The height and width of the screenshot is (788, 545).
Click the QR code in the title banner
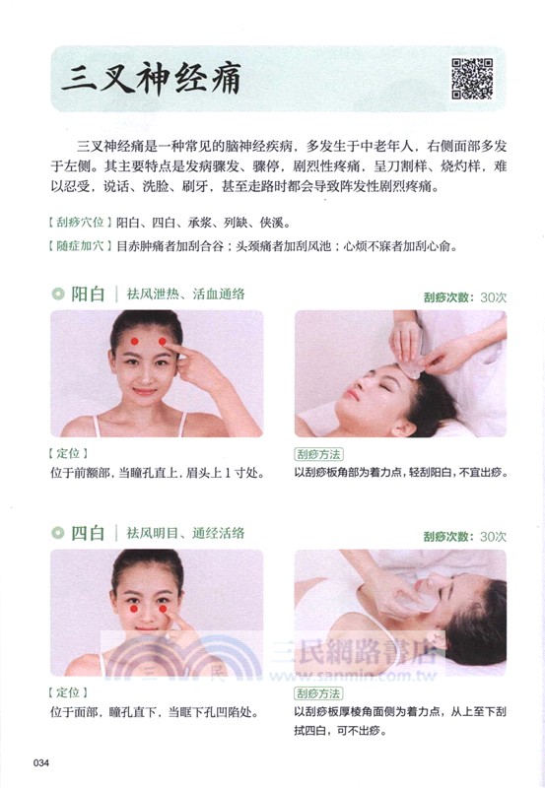click(x=471, y=79)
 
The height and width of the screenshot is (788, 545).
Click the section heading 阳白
click(x=88, y=294)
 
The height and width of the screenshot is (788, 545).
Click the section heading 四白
click(x=88, y=534)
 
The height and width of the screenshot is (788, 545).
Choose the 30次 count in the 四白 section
click(x=493, y=537)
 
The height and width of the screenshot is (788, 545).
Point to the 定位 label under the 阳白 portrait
click(x=68, y=454)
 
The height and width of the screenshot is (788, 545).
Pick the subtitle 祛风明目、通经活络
click(x=185, y=534)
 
